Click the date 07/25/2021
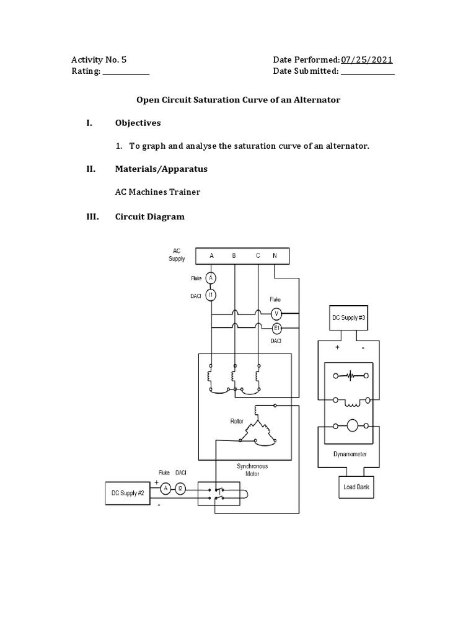pos(366,60)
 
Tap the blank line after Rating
pos(126,72)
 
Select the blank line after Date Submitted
pos(368,72)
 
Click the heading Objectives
pos(138,123)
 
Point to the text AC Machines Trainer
pos(157,192)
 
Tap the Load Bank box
pos(356,487)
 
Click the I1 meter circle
pos(211,295)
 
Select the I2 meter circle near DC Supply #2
pos(180,489)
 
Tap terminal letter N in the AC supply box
pos(275,255)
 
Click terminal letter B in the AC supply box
pos(234,255)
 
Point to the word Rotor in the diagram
pos(237,420)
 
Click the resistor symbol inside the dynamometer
pos(351,376)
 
